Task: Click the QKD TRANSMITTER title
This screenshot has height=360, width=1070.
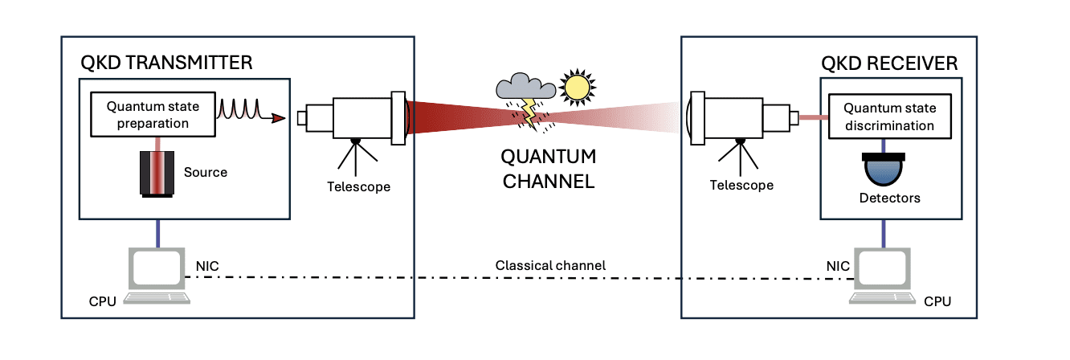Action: (x=166, y=63)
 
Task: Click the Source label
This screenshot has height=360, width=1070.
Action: (x=206, y=172)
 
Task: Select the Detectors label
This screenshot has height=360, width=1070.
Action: (x=884, y=198)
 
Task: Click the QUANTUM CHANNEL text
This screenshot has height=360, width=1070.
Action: (x=549, y=168)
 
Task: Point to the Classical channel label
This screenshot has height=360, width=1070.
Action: (x=549, y=264)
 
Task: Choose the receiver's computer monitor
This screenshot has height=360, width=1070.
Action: (x=883, y=267)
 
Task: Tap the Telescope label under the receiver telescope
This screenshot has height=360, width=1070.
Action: (x=741, y=185)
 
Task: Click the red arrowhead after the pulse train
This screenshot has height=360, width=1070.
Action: (x=279, y=120)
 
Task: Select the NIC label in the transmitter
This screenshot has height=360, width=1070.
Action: (x=207, y=264)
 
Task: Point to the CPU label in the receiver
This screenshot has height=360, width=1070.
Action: (x=937, y=301)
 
